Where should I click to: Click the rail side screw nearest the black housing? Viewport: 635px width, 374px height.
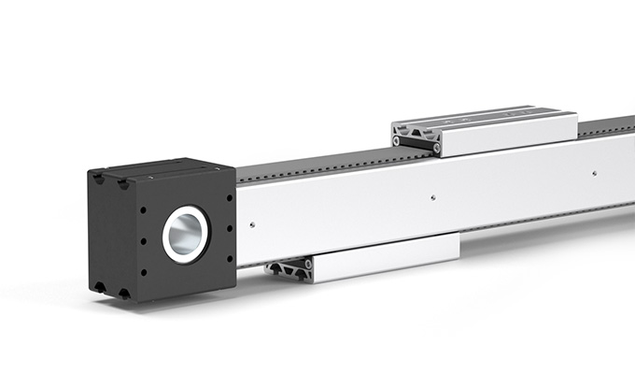pyautogui.click(x=252, y=223)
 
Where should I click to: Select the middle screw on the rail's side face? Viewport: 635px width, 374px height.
pyautogui.click(x=431, y=197)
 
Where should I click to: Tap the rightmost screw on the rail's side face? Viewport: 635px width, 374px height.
pyautogui.click(x=594, y=173)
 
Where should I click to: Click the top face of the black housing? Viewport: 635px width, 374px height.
pyautogui.click(x=159, y=168)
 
